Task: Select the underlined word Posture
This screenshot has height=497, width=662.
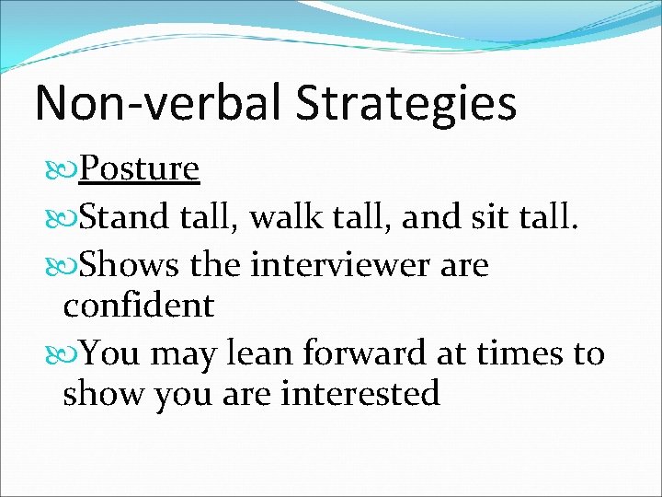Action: click(x=139, y=168)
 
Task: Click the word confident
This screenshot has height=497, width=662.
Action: click(x=138, y=305)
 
